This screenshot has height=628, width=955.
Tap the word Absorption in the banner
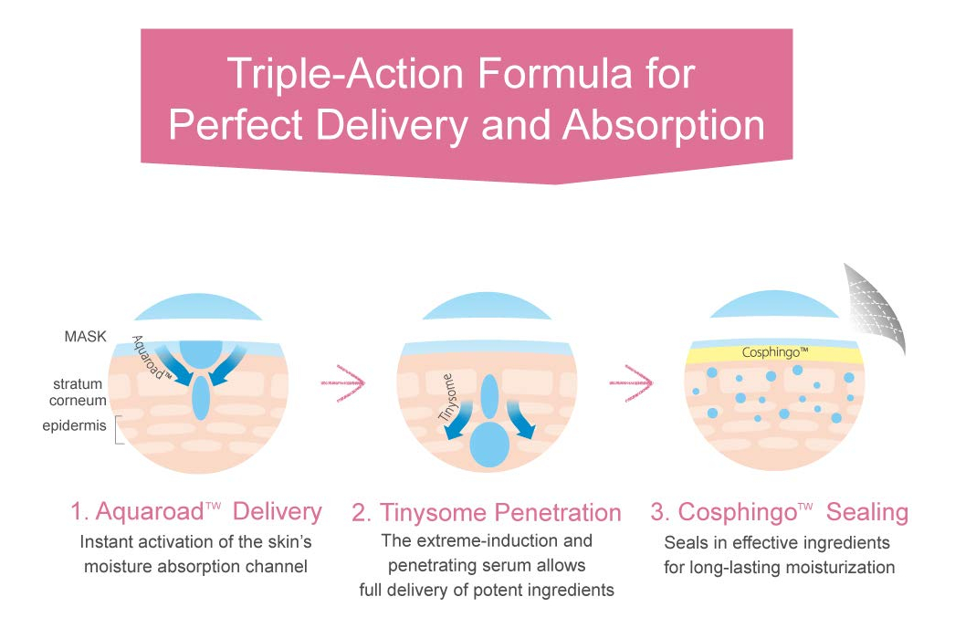point(663,126)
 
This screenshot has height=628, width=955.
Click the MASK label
point(85,336)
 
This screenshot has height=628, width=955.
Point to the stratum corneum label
point(78,392)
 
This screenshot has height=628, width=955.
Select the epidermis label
point(74,425)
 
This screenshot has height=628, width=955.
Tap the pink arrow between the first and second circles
point(342,383)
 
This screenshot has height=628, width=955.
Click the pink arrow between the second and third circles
point(631,383)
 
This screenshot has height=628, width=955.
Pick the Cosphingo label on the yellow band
point(775,352)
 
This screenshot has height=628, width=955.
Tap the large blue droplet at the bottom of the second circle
point(489,445)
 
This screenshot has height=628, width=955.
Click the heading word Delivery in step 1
point(278,512)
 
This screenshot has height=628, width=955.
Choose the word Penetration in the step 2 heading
point(558,513)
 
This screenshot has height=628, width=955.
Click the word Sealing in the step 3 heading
point(867,513)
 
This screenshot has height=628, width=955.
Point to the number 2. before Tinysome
point(362,514)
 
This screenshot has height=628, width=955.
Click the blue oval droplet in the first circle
point(201,397)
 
